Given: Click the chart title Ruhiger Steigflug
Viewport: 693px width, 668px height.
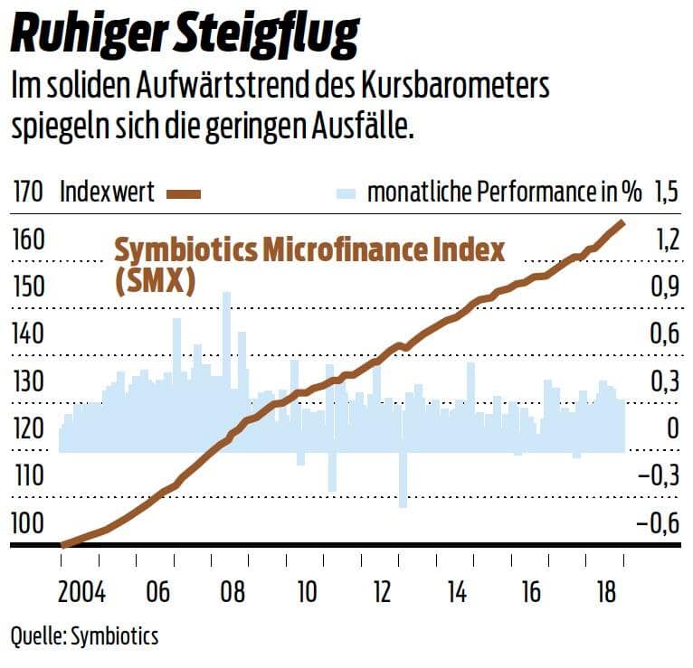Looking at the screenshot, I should click(185, 35).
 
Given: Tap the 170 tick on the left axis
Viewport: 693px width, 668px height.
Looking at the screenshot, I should click(29, 192).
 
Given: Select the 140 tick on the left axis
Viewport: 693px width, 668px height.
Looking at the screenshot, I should click(29, 334).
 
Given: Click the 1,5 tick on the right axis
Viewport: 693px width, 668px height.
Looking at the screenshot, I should click(666, 192).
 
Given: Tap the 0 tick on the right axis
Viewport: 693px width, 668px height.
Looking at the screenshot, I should click(671, 428).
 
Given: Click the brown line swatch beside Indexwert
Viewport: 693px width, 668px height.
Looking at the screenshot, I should click(182, 193).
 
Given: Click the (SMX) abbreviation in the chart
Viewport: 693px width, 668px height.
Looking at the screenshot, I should click(156, 281).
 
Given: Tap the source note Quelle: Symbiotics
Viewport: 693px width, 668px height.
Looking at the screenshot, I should click(84, 636).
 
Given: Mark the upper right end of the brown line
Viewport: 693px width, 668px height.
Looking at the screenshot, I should click(622, 221).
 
